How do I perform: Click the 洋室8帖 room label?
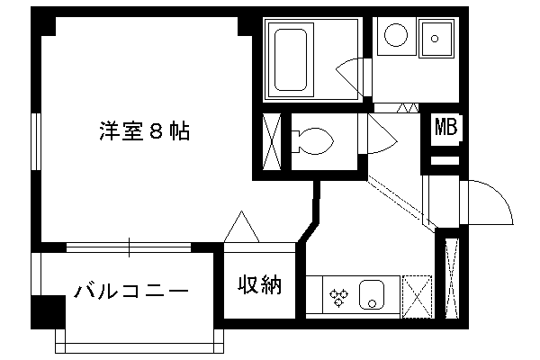click(x=145, y=130)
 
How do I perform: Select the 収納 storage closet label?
click(x=260, y=284)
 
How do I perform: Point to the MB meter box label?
click(x=446, y=127)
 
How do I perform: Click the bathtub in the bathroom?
click(x=291, y=59)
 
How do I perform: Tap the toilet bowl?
click(x=312, y=141)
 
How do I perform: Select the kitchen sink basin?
click(x=372, y=295)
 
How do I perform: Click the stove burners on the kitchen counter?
click(x=338, y=298)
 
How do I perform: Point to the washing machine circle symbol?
click(x=396, y=35)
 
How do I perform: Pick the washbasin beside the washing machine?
click(x=436, y=39)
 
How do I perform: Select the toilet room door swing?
click(x=382, y=134)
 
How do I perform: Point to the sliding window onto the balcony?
click(x=129, y=247)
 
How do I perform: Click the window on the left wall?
click(x=36, y=141)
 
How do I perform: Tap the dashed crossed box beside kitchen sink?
click(x=417, y=297)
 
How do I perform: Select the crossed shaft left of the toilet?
click(x=272, y=141)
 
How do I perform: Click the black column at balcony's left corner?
click(x=48, y=311)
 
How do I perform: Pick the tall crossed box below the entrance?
click(x=452, y=278)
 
